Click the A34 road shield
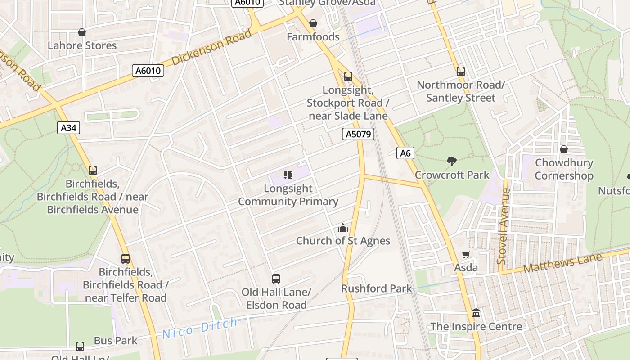tap(68, 128)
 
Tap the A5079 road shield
tap(358, 134)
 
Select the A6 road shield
tap(405, 153)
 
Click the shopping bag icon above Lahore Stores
tap(82, 32)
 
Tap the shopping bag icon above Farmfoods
tap(313, 23)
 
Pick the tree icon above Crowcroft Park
tap(452, 162)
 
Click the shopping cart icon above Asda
tap(466, 255)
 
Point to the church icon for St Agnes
tap(343, 228)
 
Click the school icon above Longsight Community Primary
tap(288, 175)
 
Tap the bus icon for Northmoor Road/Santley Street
tap(460, 71)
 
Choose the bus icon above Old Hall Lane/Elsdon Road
tap(276, 279)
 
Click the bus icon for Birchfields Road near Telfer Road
tap(126, 259)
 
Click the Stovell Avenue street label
tap(503, 226)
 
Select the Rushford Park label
tap(377, 288)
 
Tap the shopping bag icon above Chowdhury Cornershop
tap(563, 149)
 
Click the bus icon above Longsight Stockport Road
tap(348, 76)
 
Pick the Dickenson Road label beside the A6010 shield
tap(211, 48)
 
